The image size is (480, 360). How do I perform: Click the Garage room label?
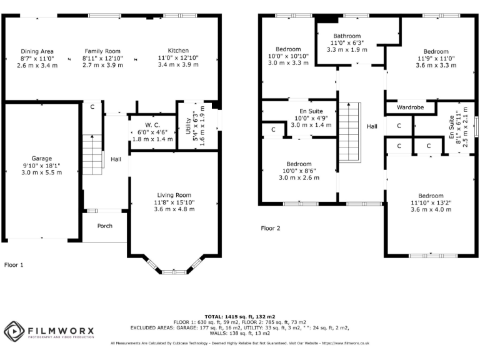click(x=42, y=158)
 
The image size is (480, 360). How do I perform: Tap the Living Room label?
click(x=174, y=195)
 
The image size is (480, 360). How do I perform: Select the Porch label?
click(x=105, y=226)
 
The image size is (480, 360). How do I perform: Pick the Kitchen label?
click(x=177, y=51)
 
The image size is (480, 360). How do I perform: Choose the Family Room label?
click(x=102, y=51)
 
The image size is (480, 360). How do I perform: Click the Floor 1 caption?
click(x=14, y=265)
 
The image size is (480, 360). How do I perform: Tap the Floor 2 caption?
click(x=270, y=228)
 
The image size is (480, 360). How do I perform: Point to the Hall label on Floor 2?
click(x=372, y=126)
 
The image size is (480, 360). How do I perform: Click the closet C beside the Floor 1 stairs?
click(x=92, y=107)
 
